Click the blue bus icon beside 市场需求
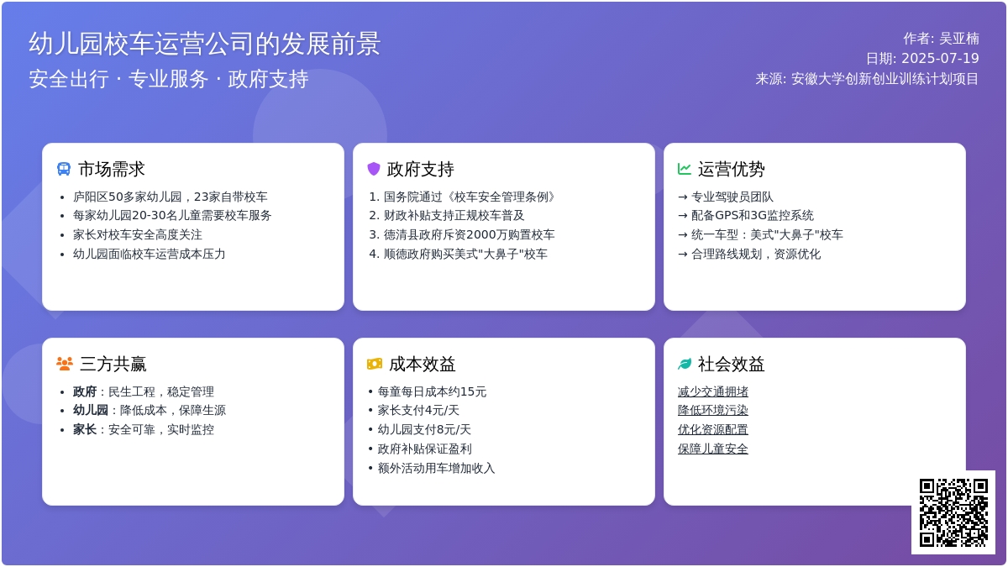[64, 169]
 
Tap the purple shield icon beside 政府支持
[374, 169]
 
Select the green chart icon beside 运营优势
[685, 169]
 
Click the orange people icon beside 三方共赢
[65, 364]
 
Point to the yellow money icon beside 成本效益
[375, 364]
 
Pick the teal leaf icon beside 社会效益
[685, 364]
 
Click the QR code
[953, 512]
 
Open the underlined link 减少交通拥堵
[713, 391]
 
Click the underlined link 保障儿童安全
[713, 449]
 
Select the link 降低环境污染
[713, 411]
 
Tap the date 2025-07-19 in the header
[940, 59]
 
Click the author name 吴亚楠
[959, 39]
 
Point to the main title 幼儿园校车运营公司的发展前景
[205, 44]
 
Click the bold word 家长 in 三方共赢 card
[85, 430]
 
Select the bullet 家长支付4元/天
[418, 411]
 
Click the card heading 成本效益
[422, 364]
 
